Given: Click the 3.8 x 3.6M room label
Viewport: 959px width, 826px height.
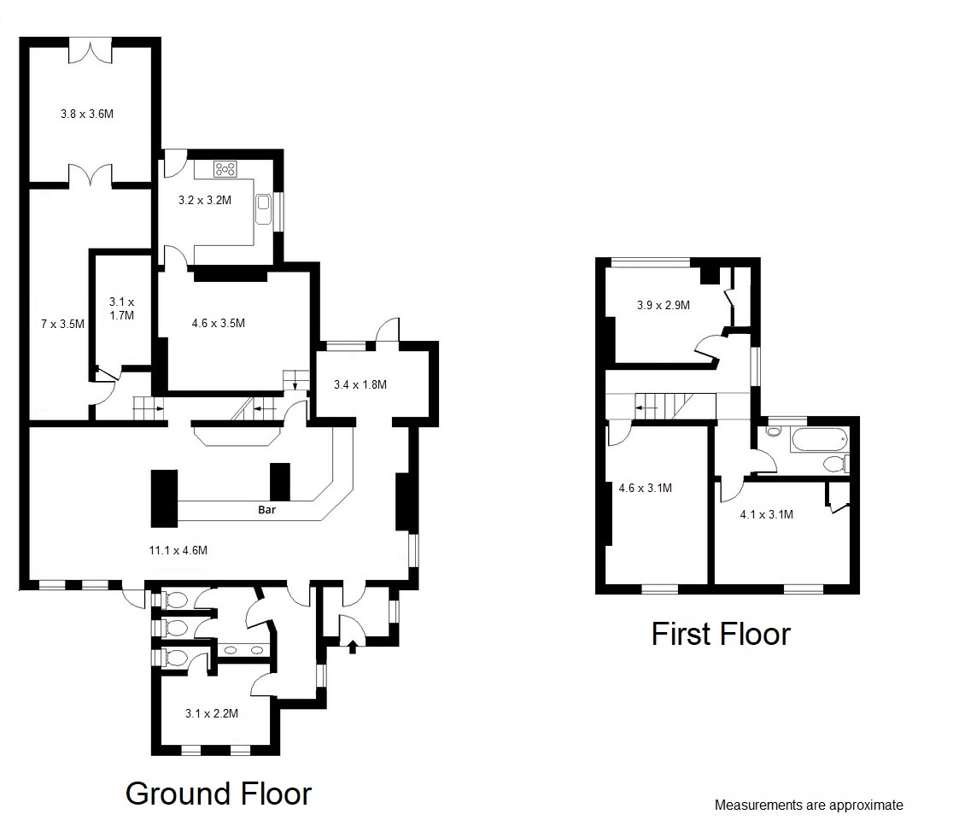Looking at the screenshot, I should pyautogui.click(x=87, y=114).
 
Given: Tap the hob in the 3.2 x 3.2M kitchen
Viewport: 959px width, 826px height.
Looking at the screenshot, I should pyautogui.click(x=225, y=169).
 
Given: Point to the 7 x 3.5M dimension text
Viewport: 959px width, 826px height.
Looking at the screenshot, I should pyautogui.click(x=62, y=324).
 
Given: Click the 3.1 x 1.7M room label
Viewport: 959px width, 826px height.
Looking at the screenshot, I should pyautogui.click(x=121, y=308).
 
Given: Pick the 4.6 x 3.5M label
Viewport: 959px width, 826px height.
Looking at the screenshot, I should pyautogui.click(x=218, y=323).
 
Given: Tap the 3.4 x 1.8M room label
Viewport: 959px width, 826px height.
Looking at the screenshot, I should pyautogui.click(x=360, y=384).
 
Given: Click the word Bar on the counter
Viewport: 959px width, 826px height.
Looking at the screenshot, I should pyautogui.click(x=267, y=510).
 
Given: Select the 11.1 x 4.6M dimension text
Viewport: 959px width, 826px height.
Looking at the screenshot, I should pyautogui.click(x=178, y=550).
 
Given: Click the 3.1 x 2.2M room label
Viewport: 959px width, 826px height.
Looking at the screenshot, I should pyautogui.click(x=211, y=713).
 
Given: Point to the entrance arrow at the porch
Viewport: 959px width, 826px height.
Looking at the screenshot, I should pyautogui.click(x=354, y=646).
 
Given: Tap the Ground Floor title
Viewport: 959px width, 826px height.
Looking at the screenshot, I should pyautogui.click(x=219, y=794).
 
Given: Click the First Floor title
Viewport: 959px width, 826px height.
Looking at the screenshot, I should pyautogui.click(x=721, y=634).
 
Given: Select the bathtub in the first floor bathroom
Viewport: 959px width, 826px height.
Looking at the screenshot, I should pyautogui.click(x=819, y=441).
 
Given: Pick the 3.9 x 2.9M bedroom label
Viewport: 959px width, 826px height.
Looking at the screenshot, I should pyautogui.click(x=664, y=304).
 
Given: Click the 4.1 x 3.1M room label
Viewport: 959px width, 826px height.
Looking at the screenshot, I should pyautogui.click(x=766, y=514).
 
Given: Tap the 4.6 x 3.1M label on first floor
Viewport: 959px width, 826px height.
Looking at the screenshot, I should pyautogui.click(x=645, y=489).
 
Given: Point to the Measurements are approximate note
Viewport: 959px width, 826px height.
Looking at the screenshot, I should pyautogui.click(x=808, y=805).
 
